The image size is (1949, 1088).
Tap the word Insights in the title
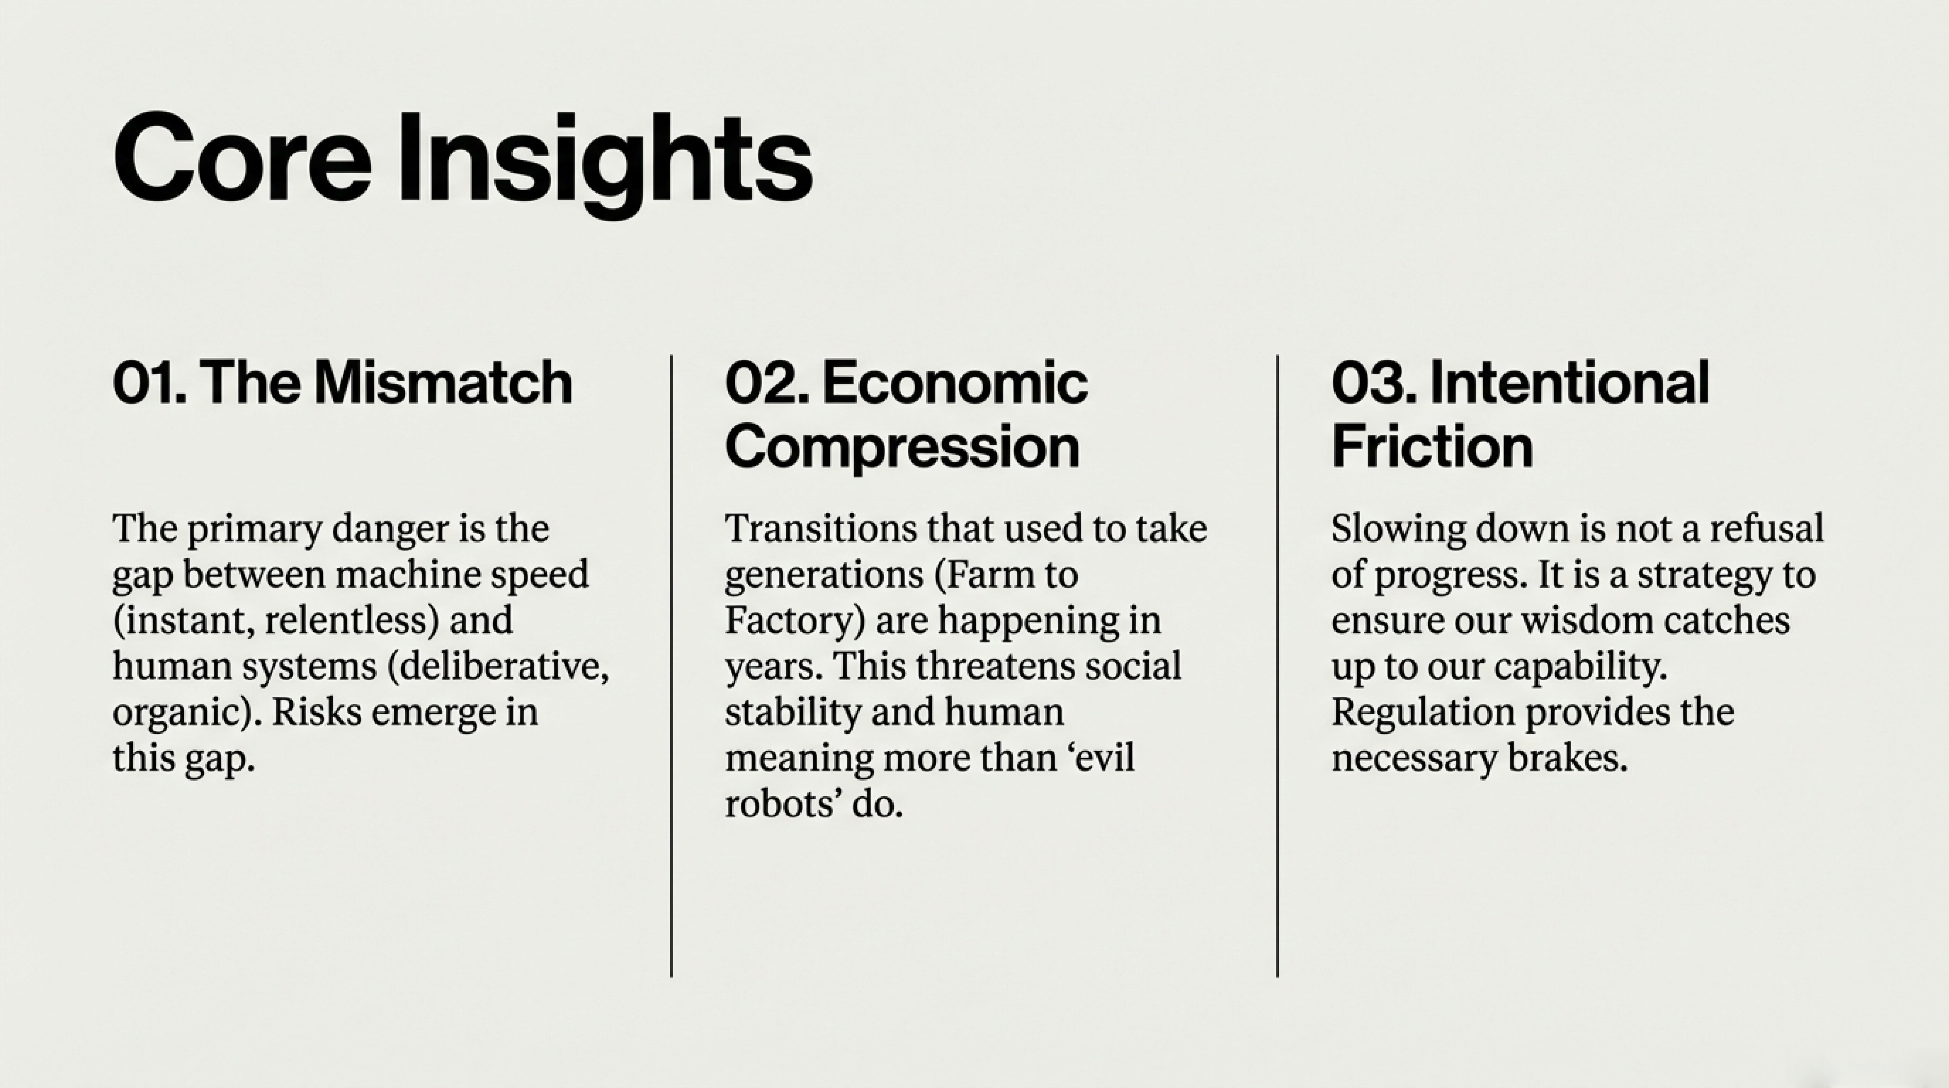(x=605, y=165)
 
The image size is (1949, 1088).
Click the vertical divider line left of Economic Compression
(x=671, y=666)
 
